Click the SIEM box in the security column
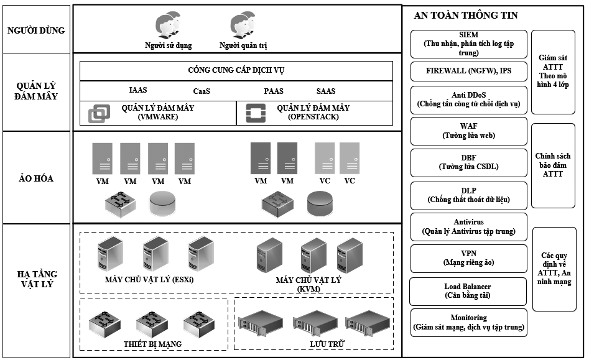468,44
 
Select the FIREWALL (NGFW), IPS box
468,71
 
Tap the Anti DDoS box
468,99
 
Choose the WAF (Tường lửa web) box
468,131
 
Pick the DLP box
468,195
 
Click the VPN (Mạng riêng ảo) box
468,258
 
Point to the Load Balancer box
468,291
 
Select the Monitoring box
468,322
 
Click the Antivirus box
468,226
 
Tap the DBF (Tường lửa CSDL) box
468,162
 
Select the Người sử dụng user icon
167,26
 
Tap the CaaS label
202,91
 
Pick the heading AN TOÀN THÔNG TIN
465,15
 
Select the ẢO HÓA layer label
35,178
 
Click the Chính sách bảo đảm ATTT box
553,165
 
